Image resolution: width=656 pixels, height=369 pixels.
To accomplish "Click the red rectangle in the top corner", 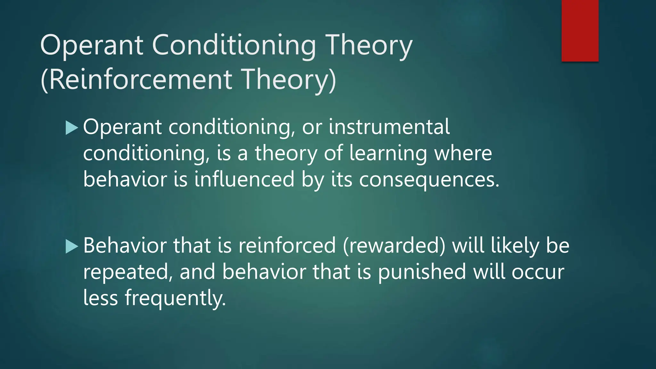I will click(580, 31).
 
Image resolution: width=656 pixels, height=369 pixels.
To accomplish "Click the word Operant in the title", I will click(92, 45).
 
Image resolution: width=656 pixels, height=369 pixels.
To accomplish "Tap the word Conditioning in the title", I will click(234, 45).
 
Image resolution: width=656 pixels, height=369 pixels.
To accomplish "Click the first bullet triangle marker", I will click(71, 127).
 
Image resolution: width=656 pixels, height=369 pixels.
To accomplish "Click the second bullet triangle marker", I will click(71, 246).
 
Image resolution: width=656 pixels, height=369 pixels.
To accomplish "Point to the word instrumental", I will click(389, 127).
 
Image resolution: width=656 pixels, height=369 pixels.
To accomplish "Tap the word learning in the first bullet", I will click(388, 153).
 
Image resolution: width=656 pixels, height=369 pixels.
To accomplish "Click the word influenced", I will click(244, 179).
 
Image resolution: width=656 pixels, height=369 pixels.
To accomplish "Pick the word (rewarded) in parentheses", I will click(394, 246).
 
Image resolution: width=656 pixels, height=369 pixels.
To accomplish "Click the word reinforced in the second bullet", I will click(287, 246).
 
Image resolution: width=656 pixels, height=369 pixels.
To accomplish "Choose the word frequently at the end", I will click(175, 298).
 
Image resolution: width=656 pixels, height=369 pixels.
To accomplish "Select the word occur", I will click(538, 272).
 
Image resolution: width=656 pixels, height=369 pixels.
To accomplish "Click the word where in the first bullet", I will click(463, 153).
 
